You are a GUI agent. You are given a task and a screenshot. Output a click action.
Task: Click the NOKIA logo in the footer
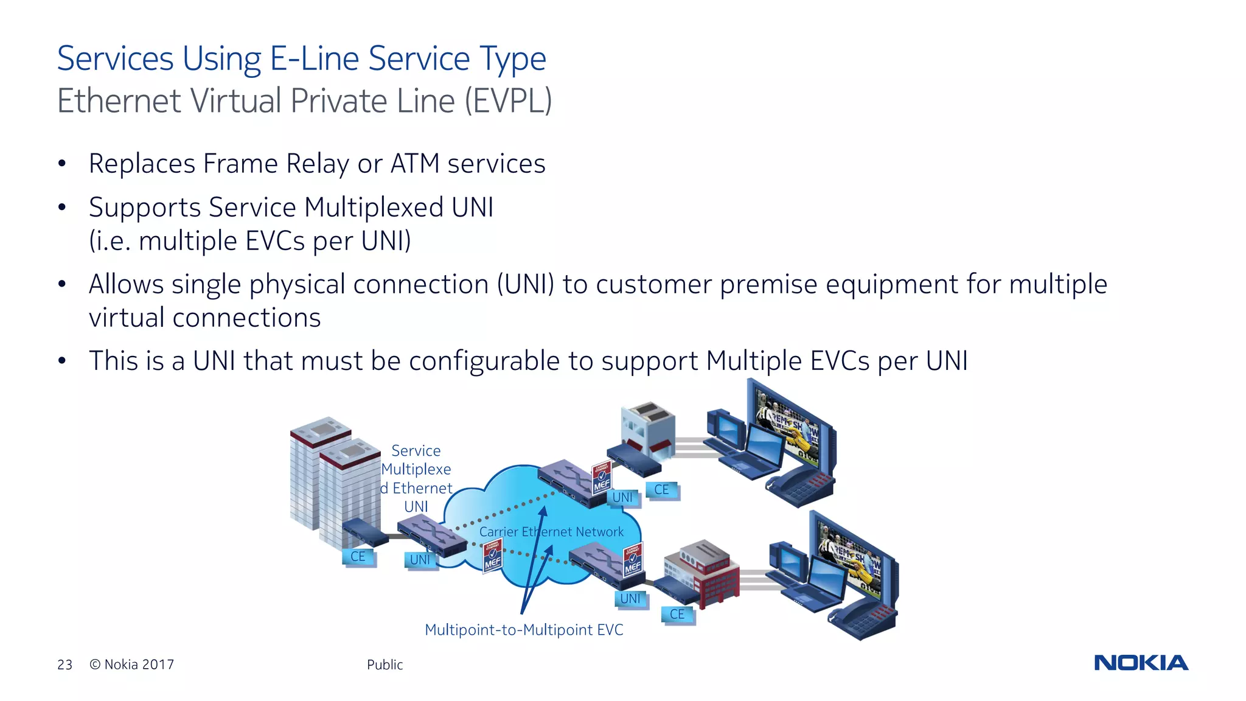[1141, 663]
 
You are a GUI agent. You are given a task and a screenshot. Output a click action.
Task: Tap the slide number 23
[64, 664]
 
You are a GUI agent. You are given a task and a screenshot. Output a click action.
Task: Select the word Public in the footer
[385, 664]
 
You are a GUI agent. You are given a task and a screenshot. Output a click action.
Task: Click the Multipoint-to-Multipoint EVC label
[524, 630]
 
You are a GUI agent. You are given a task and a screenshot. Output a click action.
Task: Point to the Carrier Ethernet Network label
[551, 532]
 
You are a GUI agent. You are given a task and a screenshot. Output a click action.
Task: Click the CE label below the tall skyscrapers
[358, 557]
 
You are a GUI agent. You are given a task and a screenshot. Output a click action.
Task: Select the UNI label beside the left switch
[420, 560]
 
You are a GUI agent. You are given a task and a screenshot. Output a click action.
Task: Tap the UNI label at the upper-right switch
[622, 498]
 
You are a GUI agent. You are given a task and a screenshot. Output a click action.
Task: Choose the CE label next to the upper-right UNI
[662, 490]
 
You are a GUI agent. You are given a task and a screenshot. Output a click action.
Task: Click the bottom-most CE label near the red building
[677, 615]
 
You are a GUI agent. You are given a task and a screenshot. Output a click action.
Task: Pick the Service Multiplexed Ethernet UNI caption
[416, 478]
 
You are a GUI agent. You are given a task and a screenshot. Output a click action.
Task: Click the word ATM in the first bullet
[414, 164]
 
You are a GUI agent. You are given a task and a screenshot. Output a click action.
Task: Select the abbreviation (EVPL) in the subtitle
[508, 101]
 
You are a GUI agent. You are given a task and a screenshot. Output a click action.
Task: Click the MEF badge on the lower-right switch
[633, 561]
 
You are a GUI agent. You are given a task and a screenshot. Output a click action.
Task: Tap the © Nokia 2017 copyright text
[132, 664]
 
